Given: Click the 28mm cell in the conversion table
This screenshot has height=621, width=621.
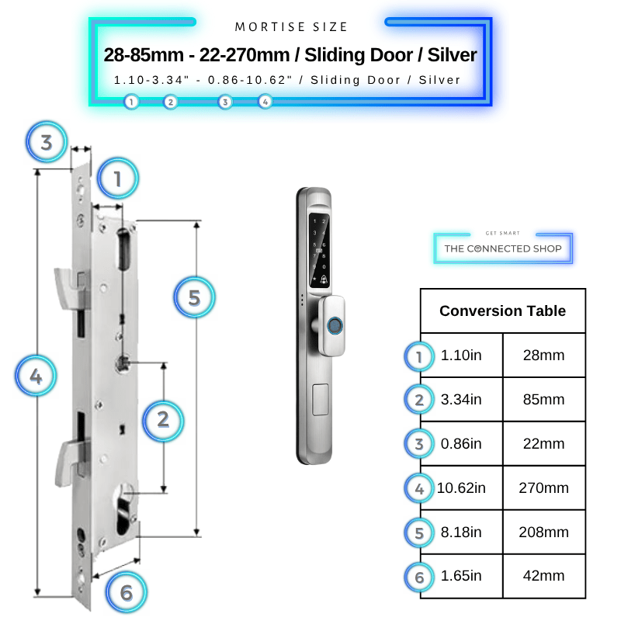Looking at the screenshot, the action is [544, 356].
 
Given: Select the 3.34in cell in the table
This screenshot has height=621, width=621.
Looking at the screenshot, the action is [461, 399].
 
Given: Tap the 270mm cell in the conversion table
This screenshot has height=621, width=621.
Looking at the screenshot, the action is [544, 488].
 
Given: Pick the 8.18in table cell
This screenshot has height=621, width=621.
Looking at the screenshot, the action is [461, 532].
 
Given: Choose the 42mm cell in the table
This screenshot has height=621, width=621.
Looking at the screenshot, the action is [544, 576].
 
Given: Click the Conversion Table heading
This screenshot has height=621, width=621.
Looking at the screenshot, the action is [502, 311].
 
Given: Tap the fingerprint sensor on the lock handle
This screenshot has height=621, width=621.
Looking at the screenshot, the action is [335, 326].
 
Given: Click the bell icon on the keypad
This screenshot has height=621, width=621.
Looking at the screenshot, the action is [324, 279].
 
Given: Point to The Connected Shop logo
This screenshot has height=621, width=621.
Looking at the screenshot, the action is [503, 248].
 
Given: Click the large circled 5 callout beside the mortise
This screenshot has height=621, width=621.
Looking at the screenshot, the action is [194, 297].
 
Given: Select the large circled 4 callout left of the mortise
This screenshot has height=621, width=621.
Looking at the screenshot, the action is [36, 376].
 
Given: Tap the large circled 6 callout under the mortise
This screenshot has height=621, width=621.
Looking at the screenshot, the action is [127, 592].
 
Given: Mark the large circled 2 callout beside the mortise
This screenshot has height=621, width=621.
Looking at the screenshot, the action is [163, 420].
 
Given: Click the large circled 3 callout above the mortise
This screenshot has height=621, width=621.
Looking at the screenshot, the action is [47, 142].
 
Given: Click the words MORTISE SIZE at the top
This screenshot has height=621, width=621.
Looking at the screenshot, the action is [291, 27].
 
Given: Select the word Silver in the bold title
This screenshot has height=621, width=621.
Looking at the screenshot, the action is [452, 54].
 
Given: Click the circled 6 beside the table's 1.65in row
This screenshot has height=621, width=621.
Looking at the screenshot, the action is [419, 577].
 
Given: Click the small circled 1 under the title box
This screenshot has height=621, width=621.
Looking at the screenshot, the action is [131, 102].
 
